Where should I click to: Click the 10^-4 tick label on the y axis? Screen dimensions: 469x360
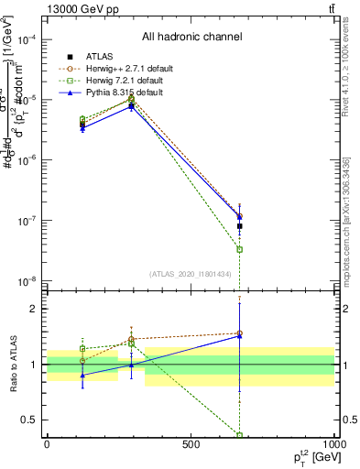coord(27,39)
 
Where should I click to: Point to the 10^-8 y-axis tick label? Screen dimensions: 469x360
coord(27,281)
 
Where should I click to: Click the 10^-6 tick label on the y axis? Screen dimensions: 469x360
coord(27,160)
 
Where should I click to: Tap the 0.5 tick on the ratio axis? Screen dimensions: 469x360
coord(32,420)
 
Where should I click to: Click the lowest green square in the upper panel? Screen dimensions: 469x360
coord(240,249)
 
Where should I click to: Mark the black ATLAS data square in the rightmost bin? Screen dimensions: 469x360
coord(240,225)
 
